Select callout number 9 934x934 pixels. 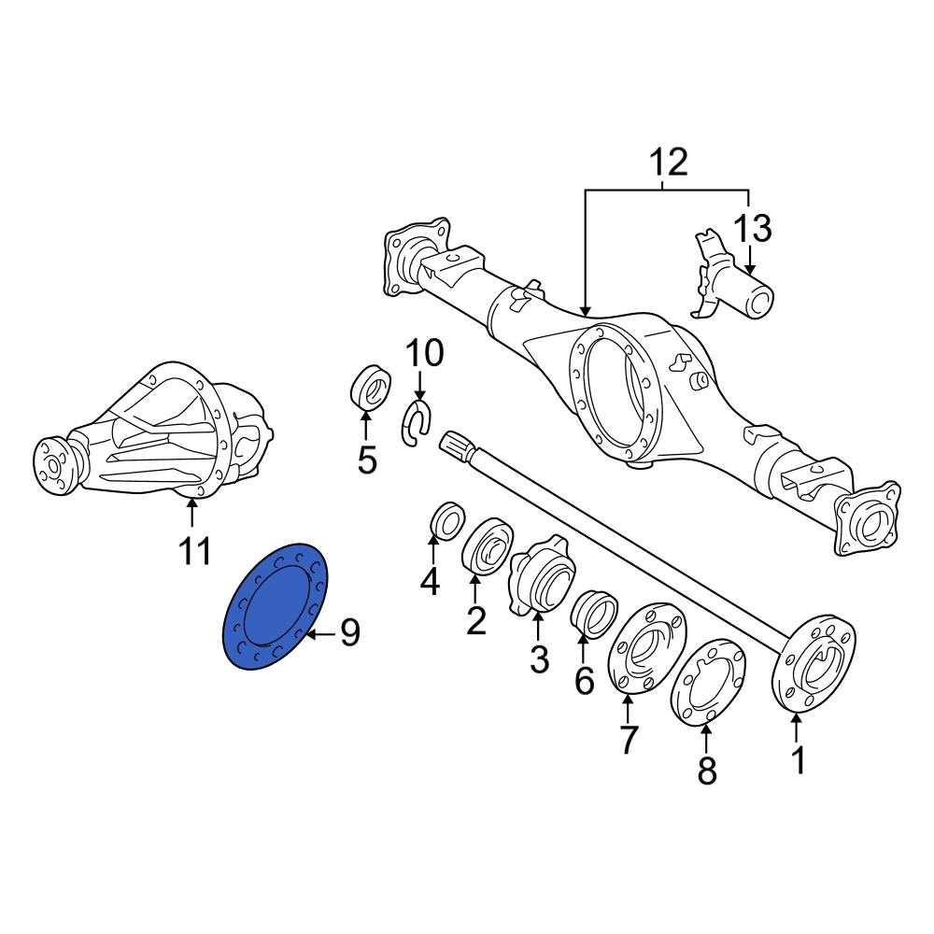tap(349, 635)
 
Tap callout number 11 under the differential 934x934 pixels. tap(194, 550)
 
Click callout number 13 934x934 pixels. tap(753, 228)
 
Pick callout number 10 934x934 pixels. tap(424, 354)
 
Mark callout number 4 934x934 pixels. tap(430, 582)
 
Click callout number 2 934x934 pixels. tap(476, 619)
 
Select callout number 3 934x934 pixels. tap(539, 658)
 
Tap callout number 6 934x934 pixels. tap(585, 681)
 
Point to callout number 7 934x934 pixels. tap(628, 739)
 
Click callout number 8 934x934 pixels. tap(707, 770)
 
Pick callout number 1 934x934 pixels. tap(799, 760)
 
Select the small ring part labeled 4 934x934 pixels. tap(446, 520)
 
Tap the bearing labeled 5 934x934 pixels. tap(369, 388)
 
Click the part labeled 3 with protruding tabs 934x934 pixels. tap(539, 573)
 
